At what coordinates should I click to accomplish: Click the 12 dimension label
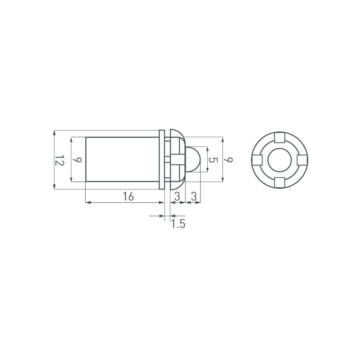(60, 160)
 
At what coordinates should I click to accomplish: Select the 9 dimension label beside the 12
(78, 159)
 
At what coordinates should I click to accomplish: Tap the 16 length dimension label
(128, 197)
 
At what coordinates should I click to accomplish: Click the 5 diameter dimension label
(213, 160)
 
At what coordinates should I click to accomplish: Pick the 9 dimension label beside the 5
(229, 159)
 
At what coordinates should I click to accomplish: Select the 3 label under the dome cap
(177, 197)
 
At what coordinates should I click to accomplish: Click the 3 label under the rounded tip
(194, 197)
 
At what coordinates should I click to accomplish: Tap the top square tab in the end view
(280, 137)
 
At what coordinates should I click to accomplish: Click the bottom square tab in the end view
(280, 183)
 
